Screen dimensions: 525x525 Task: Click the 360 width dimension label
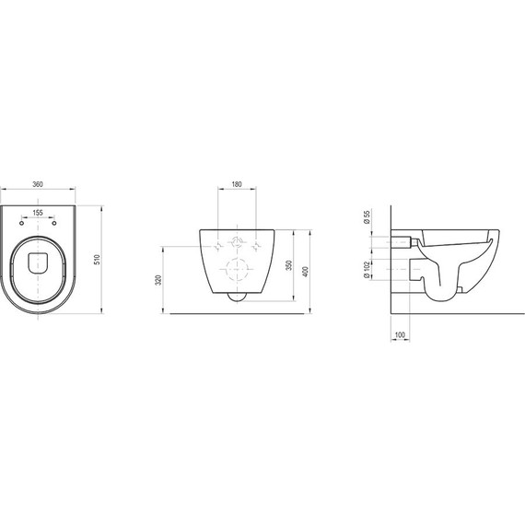(x=38, y=184)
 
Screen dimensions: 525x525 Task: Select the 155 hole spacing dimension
(x=38, y=213)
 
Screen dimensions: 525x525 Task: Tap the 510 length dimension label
(x=97, y=260)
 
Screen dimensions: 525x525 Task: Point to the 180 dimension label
(x=237, y=184)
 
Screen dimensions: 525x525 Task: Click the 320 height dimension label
(x=158, y=280)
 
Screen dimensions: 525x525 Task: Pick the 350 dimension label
(x=289, y=265)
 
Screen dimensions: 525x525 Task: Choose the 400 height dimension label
(x=305, y=272)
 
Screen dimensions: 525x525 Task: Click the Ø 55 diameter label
(x=367, y=217)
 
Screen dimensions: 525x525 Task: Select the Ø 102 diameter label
(x=367, y=270)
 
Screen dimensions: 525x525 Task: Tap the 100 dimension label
(x=400, y=335)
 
